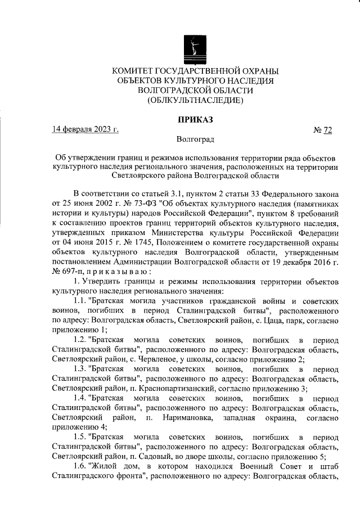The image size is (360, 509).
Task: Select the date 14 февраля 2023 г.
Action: [85, 130]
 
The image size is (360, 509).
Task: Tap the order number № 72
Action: [323, 130]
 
